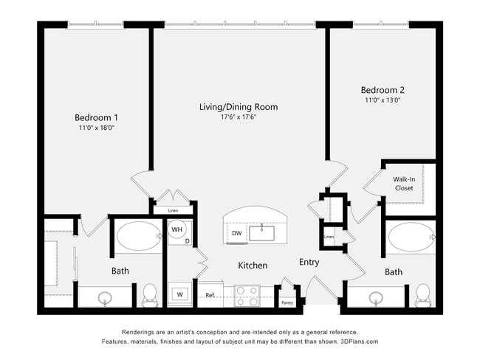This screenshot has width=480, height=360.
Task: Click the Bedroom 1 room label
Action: tap(96, 117)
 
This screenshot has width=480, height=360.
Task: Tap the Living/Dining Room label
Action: tap(238, 107)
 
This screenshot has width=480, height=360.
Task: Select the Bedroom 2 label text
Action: tap(383, 90)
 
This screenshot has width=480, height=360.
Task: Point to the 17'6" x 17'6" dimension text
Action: tap(238, 117)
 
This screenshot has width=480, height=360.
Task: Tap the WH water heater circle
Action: tap(177, 229)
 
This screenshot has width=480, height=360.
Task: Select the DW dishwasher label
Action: tap(237, 233)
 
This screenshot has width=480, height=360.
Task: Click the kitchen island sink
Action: tap(263, 233)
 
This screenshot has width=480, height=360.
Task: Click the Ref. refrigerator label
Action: tap(210, 297)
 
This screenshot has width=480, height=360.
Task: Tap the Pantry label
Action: tap(288, 302)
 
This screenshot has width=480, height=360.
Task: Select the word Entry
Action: tap(309, 263)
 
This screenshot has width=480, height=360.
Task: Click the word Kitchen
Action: tap(252, 265)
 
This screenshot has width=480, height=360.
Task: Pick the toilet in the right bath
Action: tap(423, 294)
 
